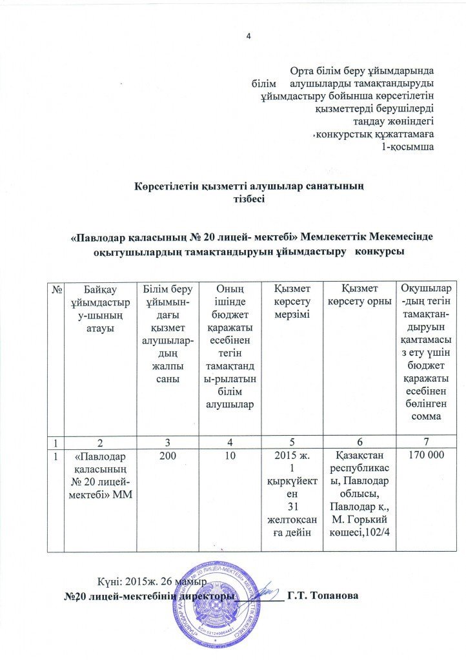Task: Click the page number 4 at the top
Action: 248,34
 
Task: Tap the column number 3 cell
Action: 167,440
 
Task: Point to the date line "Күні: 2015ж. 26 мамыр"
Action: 152,581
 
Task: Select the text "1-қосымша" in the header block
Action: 408,147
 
